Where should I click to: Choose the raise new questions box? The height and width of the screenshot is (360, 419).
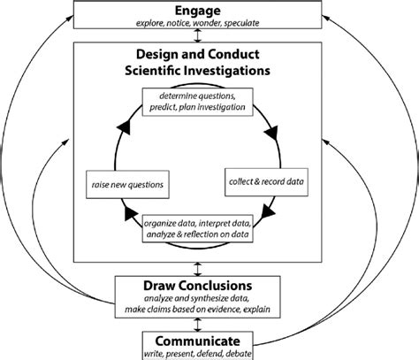127,183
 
